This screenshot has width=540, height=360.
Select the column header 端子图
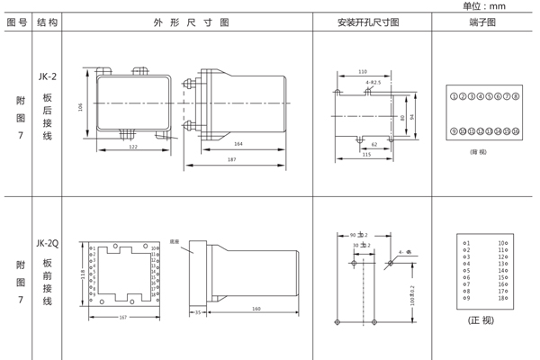tap(483, 22)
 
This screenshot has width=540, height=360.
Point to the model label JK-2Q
tap(48, 242)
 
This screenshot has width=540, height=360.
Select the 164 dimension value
tap(238, 144)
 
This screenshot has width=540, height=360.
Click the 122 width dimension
tap(132, 147)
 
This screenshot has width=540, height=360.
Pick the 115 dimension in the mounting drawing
tap(365, 155)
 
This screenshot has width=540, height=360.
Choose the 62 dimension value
tap(374, 144)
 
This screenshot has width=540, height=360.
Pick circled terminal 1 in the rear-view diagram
tap(454, 94)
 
